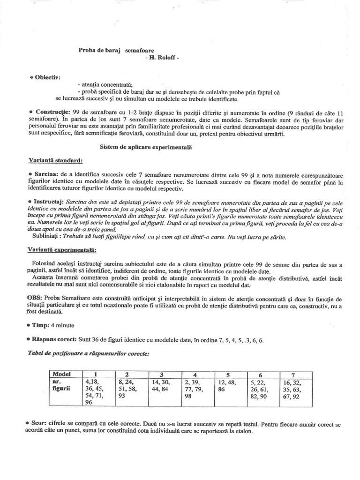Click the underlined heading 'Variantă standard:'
[55, 160]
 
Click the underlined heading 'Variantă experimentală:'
[62, 250]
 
